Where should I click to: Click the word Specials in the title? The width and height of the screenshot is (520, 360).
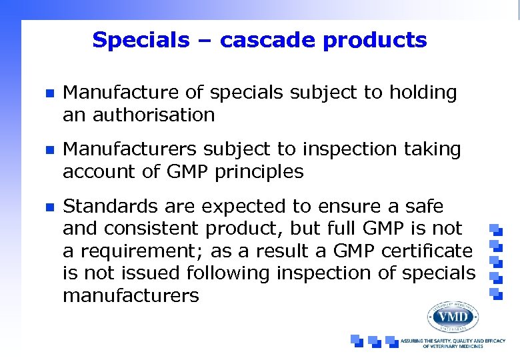click(x=141, y=41)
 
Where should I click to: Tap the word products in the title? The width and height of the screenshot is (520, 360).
click(x=375, y=41)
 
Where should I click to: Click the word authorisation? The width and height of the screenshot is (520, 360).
click(x=139, y=115)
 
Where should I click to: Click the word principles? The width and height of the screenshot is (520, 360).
click(x=260, y=172)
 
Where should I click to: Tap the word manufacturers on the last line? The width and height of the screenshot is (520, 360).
click(x=131, y=296)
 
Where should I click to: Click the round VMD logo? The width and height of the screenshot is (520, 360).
click(x=452, y=317)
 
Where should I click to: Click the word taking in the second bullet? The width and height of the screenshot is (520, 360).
click(x=430, y=150)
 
